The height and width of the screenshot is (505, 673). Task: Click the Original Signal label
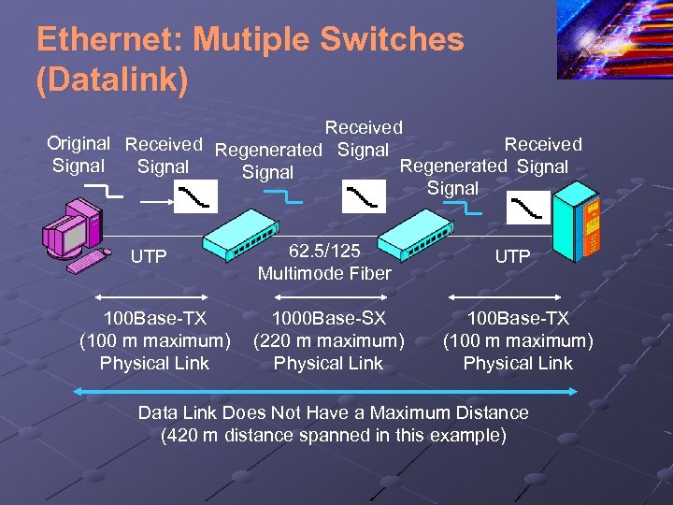pos(79,155)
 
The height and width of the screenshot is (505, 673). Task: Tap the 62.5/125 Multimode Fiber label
pos(324,262)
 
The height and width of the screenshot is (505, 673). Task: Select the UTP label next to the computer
pos(150,256)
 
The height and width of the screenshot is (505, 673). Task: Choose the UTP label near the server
pos(512,256)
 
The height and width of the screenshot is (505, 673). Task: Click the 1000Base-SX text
pos(328,319)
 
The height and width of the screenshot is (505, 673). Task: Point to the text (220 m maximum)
pos(328,340)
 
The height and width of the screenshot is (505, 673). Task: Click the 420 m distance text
pos(334,436)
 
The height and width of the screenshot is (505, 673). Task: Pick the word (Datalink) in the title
pos(112,79)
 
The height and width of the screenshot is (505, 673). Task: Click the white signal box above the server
pos(530,208)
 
